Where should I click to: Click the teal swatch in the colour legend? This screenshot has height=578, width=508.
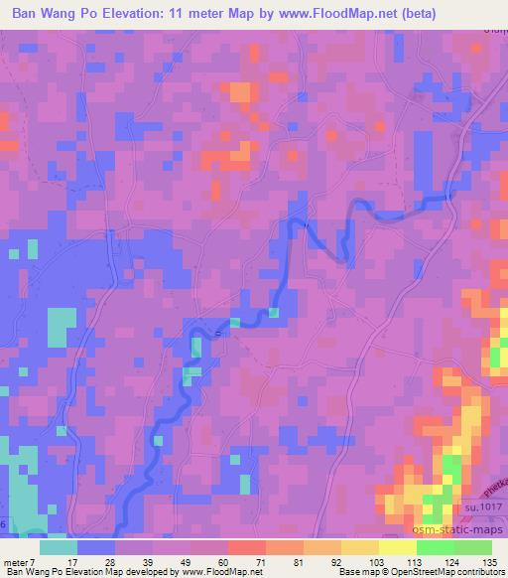(59, 547)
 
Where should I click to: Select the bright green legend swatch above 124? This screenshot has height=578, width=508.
(435, 547)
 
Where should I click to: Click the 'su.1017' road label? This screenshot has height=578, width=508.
(485, 508)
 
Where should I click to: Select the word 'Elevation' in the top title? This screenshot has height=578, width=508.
(130, 13)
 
